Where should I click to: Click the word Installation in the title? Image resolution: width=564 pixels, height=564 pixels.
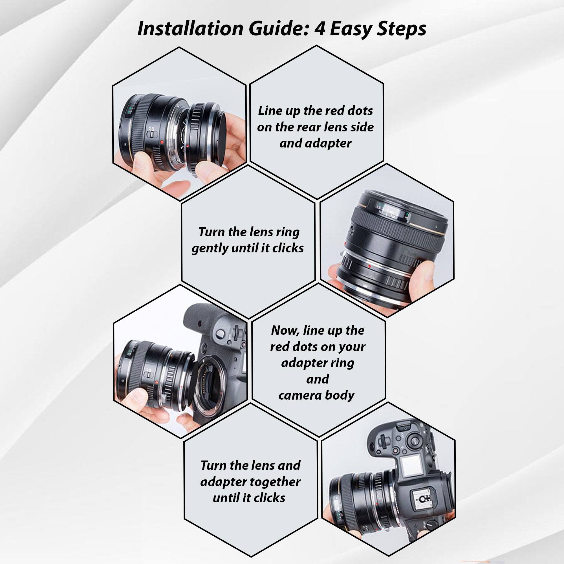click(190, 29)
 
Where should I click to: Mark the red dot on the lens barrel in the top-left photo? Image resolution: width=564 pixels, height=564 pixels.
click(162, 142)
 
